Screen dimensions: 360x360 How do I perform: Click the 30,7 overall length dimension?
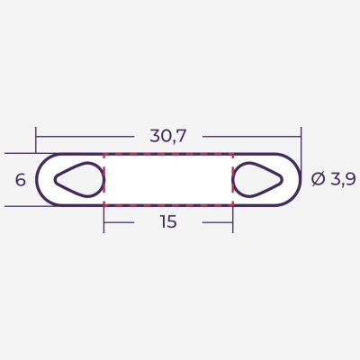coord(168,137)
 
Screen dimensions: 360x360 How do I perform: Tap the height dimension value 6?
coord(20,180)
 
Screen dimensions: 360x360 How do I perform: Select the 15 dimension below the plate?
coord(168,222)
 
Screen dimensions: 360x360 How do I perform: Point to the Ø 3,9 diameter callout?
coord(333,179)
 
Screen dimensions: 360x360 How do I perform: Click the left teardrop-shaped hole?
coord(81,180)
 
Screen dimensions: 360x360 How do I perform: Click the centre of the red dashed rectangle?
coord(168,180)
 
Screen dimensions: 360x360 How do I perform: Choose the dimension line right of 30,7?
coord(252,137)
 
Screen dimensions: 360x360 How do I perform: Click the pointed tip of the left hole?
coord(56,180)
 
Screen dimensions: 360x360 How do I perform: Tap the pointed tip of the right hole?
coord(282,180)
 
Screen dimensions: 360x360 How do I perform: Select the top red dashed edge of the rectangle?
coord(168,155)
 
